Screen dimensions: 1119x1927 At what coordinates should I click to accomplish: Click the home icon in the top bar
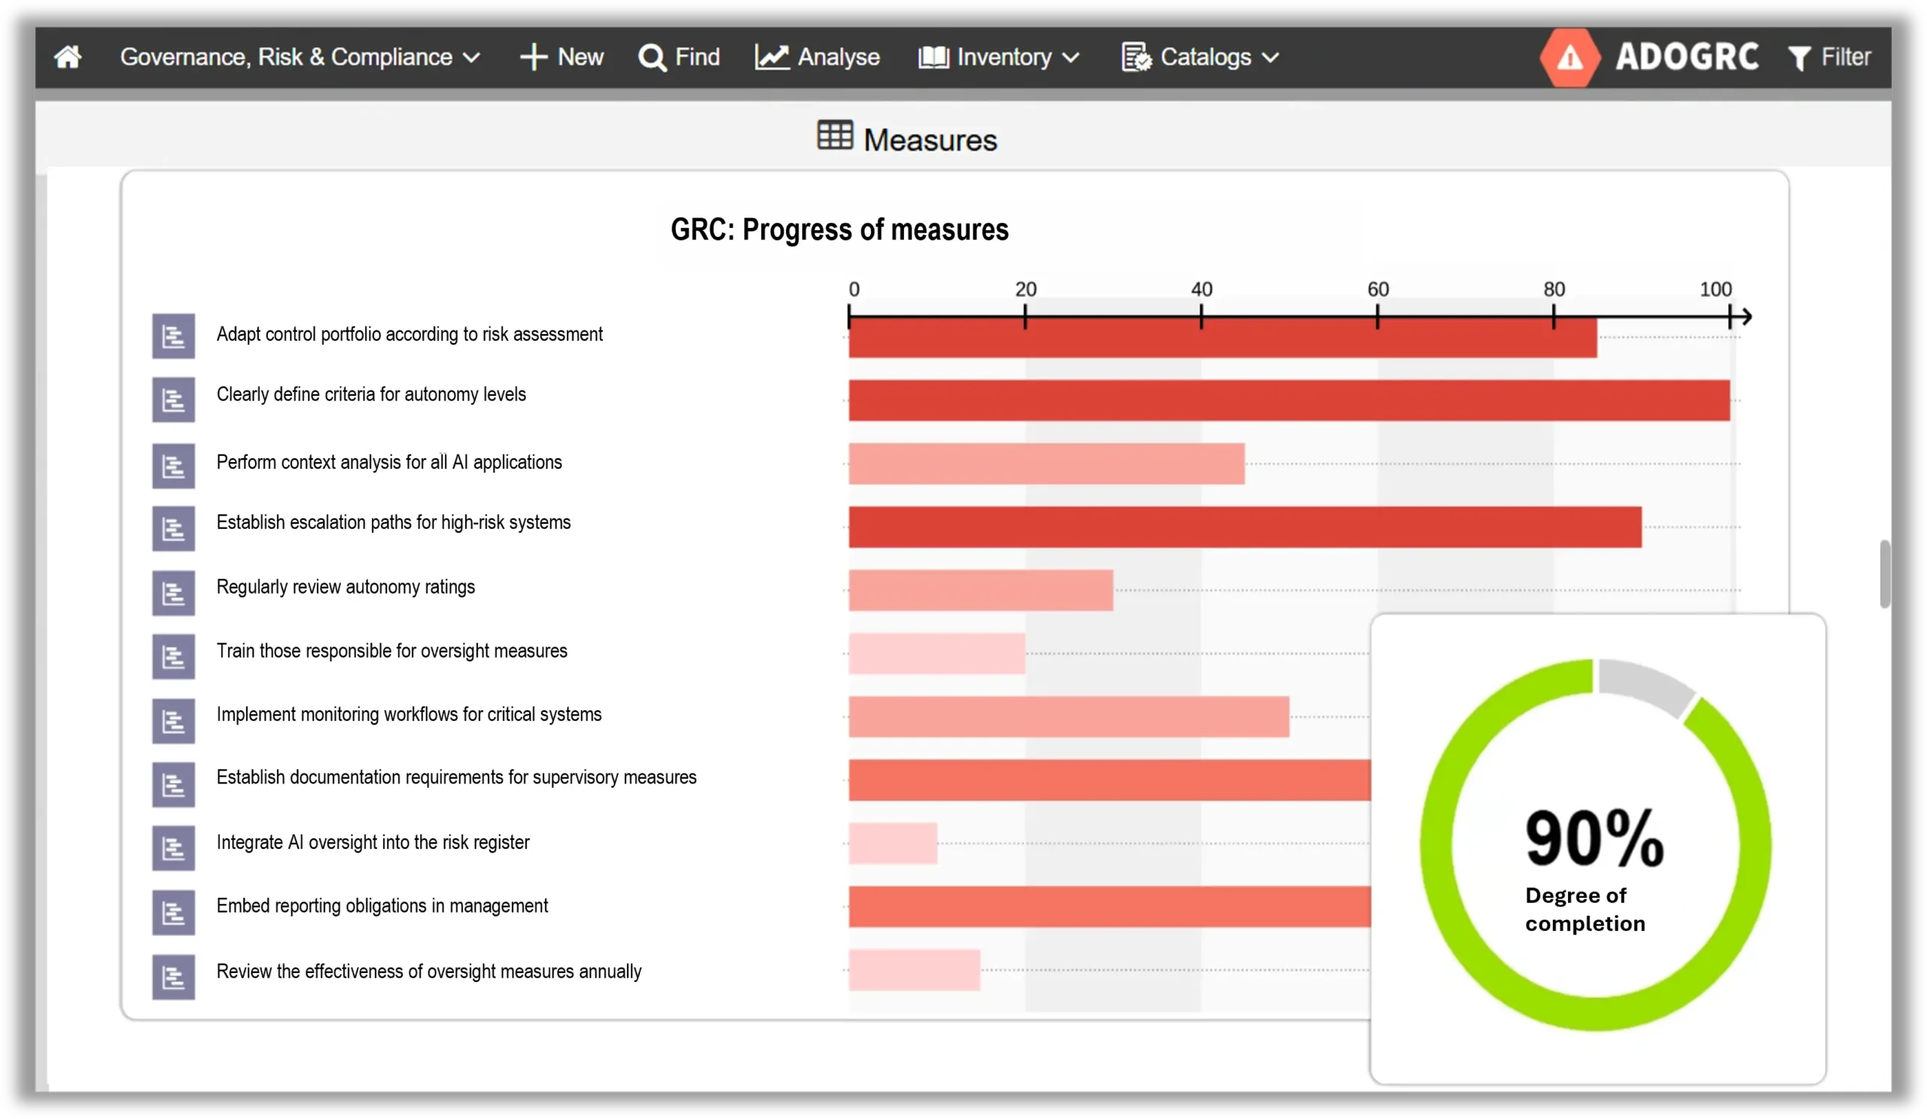point(68,57)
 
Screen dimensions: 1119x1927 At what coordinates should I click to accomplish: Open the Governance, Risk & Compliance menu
point(299,57)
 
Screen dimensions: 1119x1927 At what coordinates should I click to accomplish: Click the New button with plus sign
point(562,57)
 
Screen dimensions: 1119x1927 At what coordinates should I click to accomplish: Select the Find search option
point(679,57)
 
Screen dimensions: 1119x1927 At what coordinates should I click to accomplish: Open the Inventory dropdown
point(999,57)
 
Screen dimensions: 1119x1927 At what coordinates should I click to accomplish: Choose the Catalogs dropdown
point(1200,57)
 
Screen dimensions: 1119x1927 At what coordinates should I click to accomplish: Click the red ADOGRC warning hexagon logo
point(1569,57)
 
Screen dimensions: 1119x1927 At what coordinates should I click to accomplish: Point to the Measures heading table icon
point(834,136)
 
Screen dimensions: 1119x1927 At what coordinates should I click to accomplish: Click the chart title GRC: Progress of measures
point(839,230)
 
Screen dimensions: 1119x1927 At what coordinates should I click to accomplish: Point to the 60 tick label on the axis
point(1378,290)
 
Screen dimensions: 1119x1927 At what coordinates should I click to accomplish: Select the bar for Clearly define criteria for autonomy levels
point(1289,400)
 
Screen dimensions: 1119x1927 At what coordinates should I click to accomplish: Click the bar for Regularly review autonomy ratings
point(980,590)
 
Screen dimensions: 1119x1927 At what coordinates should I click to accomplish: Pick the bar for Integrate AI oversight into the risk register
point(893,844)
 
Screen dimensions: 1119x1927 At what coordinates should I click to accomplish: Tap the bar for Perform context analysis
point(1046,464)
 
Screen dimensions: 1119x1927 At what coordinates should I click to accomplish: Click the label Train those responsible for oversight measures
point(391,651)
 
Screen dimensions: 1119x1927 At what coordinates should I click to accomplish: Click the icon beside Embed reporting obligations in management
point(174,913)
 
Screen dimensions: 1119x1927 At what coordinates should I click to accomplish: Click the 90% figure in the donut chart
point(1594,838)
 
